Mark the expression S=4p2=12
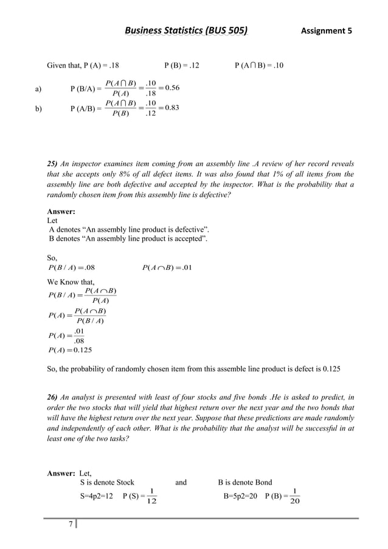pyautogui.click(x=97, y=497)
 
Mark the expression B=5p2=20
pyautogui.click(x=241, y=497)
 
